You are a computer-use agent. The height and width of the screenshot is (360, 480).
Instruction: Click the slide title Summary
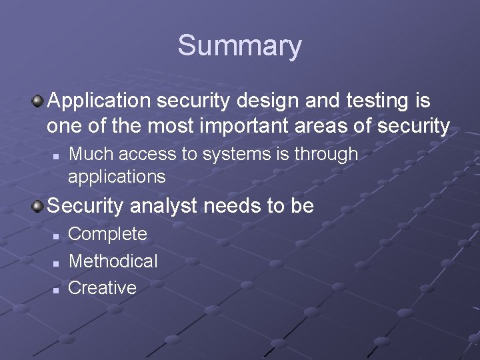click(239, 46)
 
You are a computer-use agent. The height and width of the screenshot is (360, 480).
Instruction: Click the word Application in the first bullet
click(97, 102)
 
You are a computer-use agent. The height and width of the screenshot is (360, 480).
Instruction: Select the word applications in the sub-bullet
click(117, 176)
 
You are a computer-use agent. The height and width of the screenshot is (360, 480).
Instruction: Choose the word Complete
click(108, 234)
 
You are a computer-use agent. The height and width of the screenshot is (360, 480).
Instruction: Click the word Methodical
click(113, 261)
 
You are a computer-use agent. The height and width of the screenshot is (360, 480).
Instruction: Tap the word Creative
click(103, 288)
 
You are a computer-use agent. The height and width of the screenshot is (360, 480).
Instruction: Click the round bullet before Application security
click(38, 102)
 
